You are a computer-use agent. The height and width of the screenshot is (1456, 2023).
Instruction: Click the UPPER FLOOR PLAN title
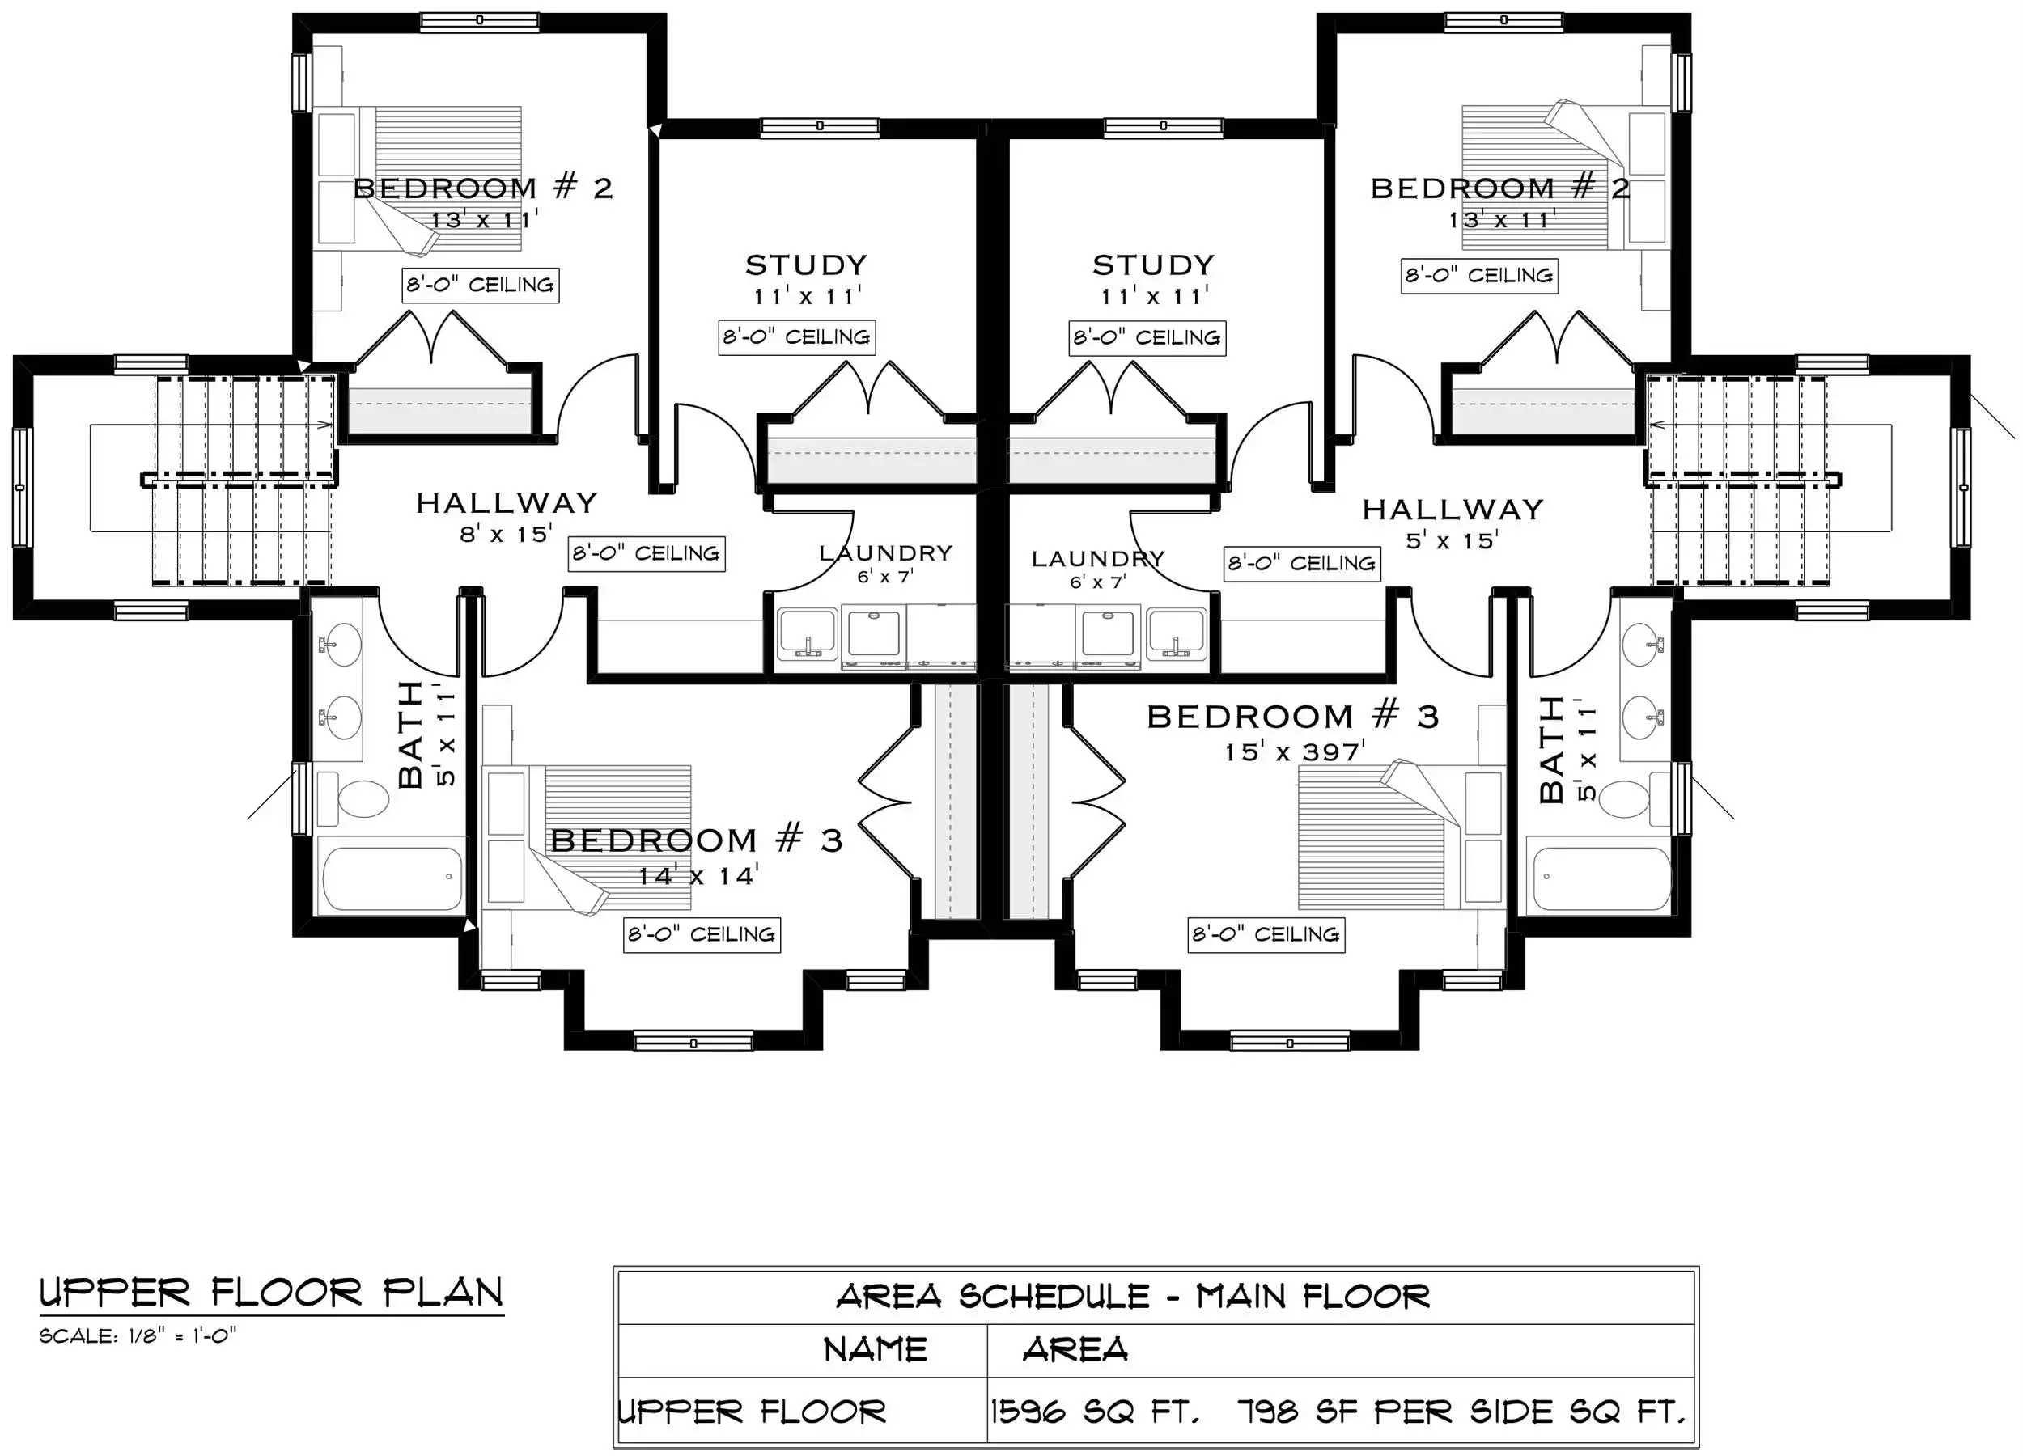[x=271, y=1293]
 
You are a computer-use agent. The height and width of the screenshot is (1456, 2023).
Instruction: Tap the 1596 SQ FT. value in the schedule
[x=1095, y=1412]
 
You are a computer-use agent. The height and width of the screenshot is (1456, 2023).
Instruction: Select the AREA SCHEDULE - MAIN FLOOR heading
[x=1133, y=1297]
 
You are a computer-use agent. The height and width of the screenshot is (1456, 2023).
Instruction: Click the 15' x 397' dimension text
[x=1294, y=751]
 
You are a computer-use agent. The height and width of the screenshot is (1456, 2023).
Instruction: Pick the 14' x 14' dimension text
[x=698, y=874]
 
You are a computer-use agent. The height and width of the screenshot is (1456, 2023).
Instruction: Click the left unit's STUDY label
[x=806, y=265]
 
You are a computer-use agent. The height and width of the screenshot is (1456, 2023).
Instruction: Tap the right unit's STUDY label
[x=1154, y=265]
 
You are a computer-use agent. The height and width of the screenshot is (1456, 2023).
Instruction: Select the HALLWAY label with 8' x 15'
[x=507, y=503]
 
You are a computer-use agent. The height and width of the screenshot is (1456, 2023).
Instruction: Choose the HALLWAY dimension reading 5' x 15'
[x=1453, y=540]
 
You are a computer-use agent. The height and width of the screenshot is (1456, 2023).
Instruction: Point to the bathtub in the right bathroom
[x=1598, y=878]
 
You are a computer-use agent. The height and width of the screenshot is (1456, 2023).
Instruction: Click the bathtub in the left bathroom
[x=392, y=878]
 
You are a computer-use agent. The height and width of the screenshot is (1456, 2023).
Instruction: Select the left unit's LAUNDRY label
[x=886, y=552]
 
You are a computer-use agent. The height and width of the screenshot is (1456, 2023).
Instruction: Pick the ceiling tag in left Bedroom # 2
[x=481, y=286]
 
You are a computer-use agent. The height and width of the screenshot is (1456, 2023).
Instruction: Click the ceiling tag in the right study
[x=1147, y=338]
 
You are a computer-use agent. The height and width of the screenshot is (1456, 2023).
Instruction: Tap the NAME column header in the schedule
[x=875, y=1350]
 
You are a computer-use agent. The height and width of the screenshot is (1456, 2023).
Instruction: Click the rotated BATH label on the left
[x=410, y=734]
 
